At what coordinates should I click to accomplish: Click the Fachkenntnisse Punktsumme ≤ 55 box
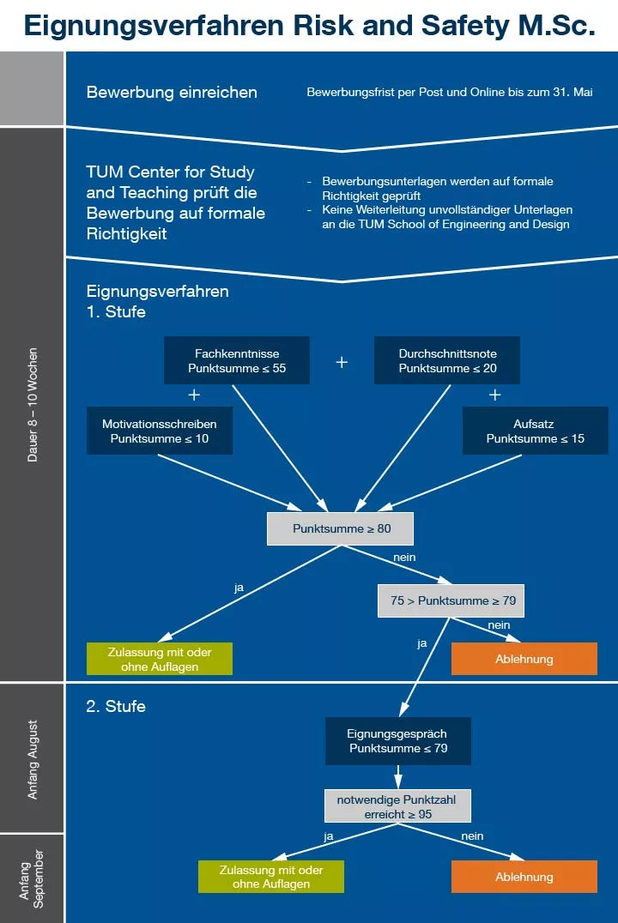click(237, 360)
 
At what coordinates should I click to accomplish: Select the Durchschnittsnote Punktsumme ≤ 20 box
click(447, 360)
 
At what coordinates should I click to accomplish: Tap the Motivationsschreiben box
click(160, 431)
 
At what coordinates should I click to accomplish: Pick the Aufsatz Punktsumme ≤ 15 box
click(536, 431)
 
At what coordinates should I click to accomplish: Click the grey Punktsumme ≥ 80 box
click(341, 528)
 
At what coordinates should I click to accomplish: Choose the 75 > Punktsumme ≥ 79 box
click(451, 600)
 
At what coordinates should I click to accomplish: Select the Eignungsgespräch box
click(397, 740)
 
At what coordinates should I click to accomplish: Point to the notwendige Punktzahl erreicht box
click(397, 806)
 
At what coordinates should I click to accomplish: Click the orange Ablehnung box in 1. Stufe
click(524, 659)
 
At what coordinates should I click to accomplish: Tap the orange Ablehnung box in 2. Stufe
click(524, 877)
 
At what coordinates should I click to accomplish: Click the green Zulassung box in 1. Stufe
click(160, 659)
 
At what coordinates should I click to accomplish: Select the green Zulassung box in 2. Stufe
click(271, 877)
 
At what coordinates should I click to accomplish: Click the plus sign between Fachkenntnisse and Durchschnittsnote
click(342, 362)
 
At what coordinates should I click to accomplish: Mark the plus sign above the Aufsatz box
click(494, 395)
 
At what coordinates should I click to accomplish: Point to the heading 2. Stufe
click(116, 707)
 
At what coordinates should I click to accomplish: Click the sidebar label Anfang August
click(33, 760)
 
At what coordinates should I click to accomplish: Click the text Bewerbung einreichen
click(172, 93)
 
